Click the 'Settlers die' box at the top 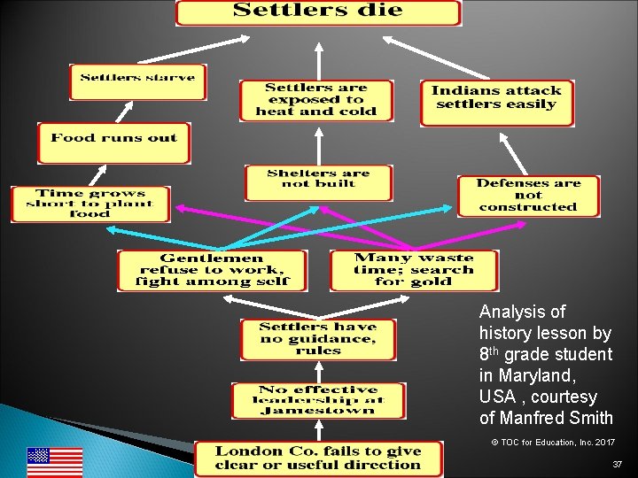(x=318, y=12)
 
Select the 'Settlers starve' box (x=137, y=81)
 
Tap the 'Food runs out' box (x=113, y=142)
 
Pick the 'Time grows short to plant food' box (x=90, y=204)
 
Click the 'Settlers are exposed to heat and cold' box (x=316, y=100)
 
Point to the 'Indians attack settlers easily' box (x=496, y=102)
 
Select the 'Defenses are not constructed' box (x=528, y=196)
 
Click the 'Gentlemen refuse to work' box (x=213, y=270)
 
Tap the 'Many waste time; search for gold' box (x=414, y=270)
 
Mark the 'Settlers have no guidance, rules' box (x=318, y=339)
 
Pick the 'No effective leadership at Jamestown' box (x=318, y=400)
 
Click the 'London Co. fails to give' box (x=318, y=458)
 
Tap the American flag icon (x=54, y=461)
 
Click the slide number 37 (x=618, y=465)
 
